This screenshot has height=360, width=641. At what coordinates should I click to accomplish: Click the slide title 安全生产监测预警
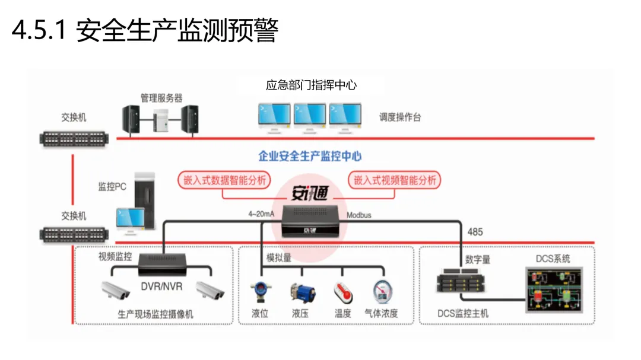click(145, 31)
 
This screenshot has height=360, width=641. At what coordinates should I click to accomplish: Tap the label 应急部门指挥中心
click(311, 85)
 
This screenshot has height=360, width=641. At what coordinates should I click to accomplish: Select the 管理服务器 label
click(161, 98)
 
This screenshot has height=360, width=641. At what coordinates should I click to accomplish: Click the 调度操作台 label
click(400, 117)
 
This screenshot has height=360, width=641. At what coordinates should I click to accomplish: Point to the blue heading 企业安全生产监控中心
click(310, 156)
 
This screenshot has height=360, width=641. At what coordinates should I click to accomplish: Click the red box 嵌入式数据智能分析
click(224, 180)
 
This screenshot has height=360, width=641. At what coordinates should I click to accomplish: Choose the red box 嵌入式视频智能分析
click(395, 180)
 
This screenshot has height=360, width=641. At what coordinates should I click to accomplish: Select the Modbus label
click(359, 215)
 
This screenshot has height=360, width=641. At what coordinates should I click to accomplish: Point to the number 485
click(475, 232)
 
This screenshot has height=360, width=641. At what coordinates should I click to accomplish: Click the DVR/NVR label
click(161, 287)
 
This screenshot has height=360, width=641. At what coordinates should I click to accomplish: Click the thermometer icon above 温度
click(343, 293)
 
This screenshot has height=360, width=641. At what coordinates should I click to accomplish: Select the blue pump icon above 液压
click(302, 293)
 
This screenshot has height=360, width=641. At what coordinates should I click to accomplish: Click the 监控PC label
click(112, 187)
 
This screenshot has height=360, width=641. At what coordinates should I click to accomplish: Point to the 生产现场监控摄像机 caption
click(156, 314)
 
